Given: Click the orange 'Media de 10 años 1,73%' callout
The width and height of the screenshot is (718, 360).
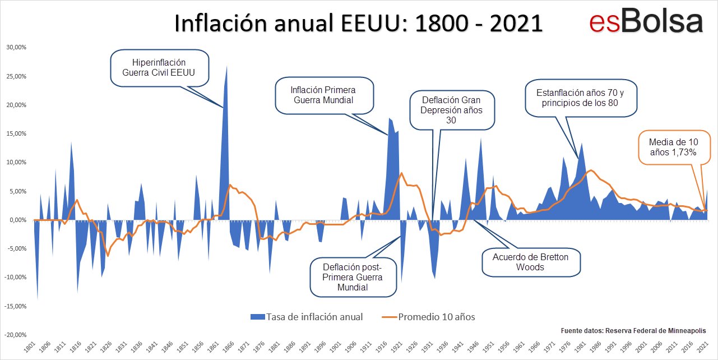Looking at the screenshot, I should pyautogui.click(x=671, y=147).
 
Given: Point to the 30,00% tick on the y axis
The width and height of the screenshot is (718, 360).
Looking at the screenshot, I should pyautogui.click(x=16, y=48).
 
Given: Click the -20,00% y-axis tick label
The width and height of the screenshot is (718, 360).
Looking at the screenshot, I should pyautogui.click(x=16, y=335).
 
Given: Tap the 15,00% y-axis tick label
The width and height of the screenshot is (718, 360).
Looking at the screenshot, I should pyautogui.click(x=16, y=134).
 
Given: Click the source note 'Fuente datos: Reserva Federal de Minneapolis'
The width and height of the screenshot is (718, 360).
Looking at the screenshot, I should pyautogui.click(x=633, y=331).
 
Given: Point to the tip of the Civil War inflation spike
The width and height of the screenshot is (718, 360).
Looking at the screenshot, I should pyautogui.click(x=226, y=66).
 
